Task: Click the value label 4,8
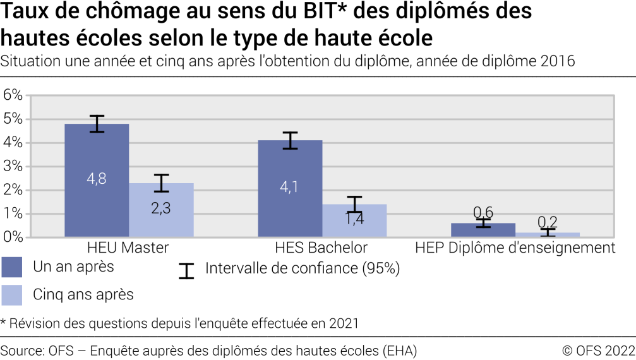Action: coord(97,179)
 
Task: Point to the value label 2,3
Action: coord(161,208)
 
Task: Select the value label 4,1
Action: coord(290,187)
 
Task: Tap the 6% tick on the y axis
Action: coord(13,95)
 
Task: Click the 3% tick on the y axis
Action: coord(13,167)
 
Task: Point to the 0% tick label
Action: coord(13,237)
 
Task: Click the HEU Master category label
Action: coord(128,248)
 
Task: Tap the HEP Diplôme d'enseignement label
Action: coord(515,248)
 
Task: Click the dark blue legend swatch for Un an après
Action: coord(12,267)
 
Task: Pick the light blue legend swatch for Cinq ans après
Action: coord(12,294)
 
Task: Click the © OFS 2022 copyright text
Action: coord(599,351)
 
